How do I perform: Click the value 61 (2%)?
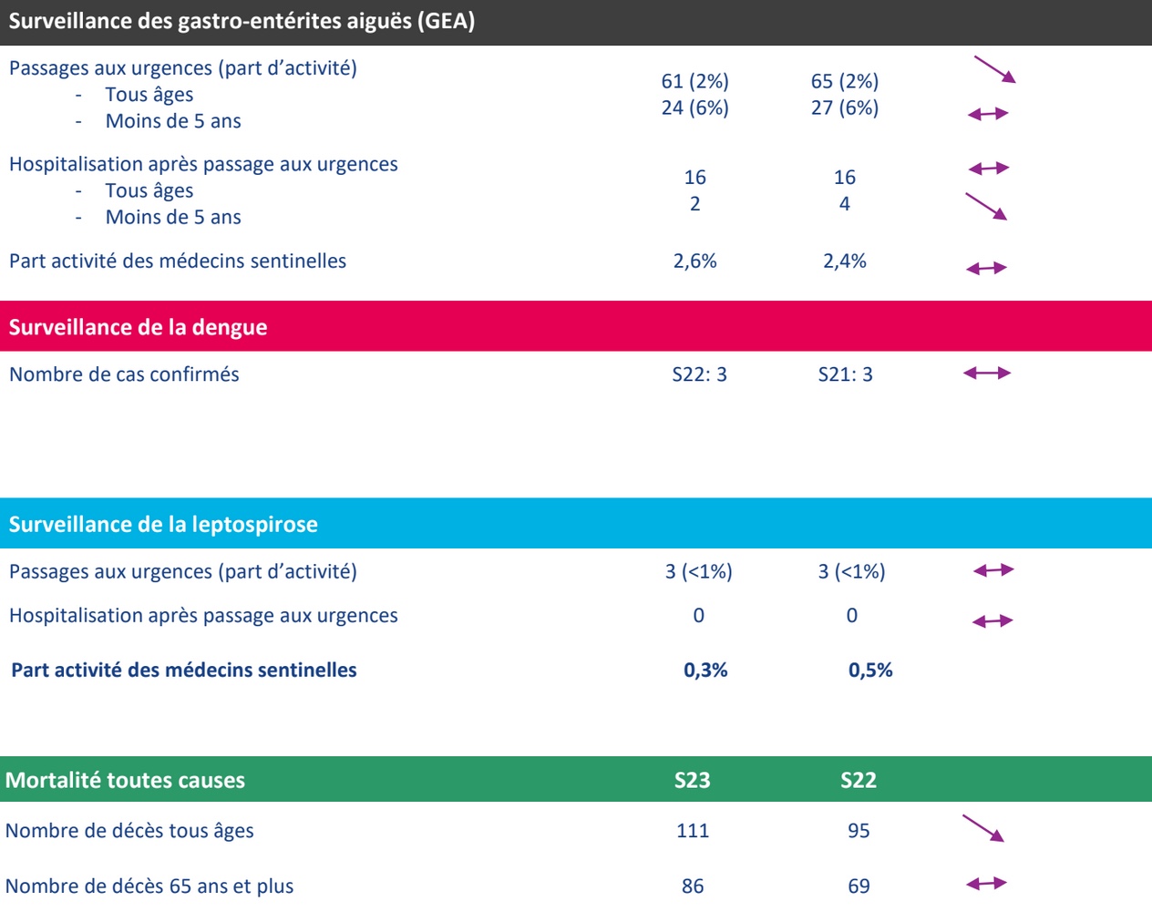point(694,81)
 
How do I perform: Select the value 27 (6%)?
point(845,108)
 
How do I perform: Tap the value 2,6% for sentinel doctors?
point(694,261)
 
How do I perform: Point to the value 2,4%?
point(845,261)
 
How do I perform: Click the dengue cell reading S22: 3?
point(699,374)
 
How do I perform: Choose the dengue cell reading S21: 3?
point(845,374)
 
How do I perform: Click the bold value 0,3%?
point(705,671)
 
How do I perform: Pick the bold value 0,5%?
point(870,671)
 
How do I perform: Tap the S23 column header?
point(692,780)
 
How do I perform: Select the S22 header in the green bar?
point(859,780)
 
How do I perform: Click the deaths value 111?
point(693,831)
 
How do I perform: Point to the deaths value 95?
point(859,831)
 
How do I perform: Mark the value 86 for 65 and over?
point(693,886)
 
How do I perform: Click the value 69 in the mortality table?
point(859,886)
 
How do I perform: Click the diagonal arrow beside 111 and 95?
point(983,828)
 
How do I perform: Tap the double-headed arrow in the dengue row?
point(987,373)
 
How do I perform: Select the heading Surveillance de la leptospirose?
point(163,525)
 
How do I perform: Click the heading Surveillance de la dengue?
point(138,328)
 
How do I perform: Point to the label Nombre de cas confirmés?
point(124,374)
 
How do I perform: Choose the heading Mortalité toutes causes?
point(125,781)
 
